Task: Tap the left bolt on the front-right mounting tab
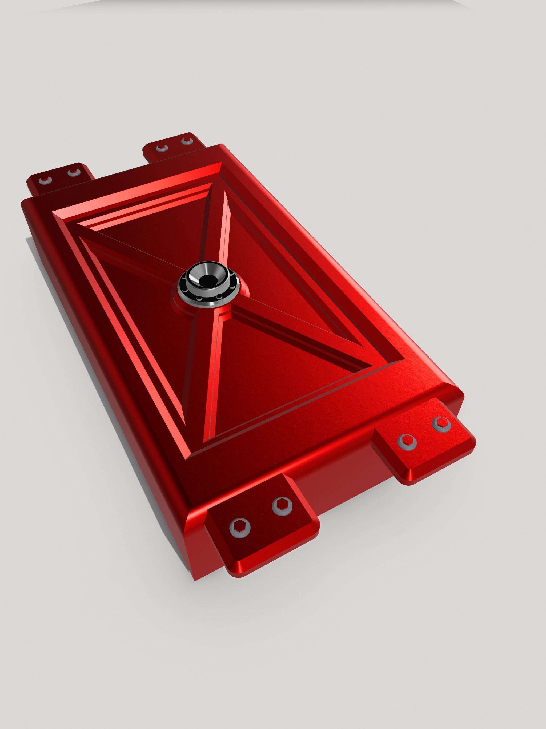coord(407,442)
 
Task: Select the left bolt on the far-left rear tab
coord(45,180)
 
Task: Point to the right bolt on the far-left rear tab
coord(74,172)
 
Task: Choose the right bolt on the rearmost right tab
coord(187,141)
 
